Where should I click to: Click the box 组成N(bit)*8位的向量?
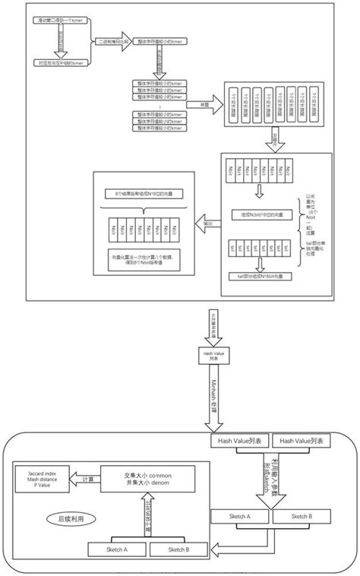(259, 216)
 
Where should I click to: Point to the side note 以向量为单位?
(311, 204)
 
